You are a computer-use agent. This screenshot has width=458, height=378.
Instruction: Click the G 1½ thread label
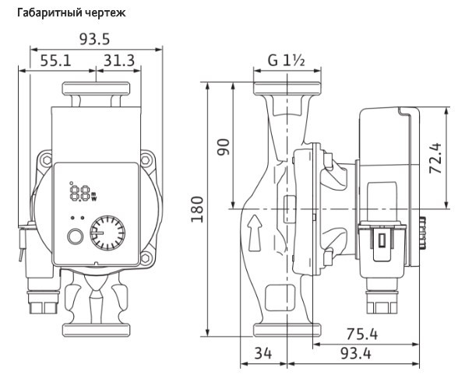pyautogui.click(x=285, y=61)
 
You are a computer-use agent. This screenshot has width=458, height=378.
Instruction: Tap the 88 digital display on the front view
pyautogui.click(x=77, y=191)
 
